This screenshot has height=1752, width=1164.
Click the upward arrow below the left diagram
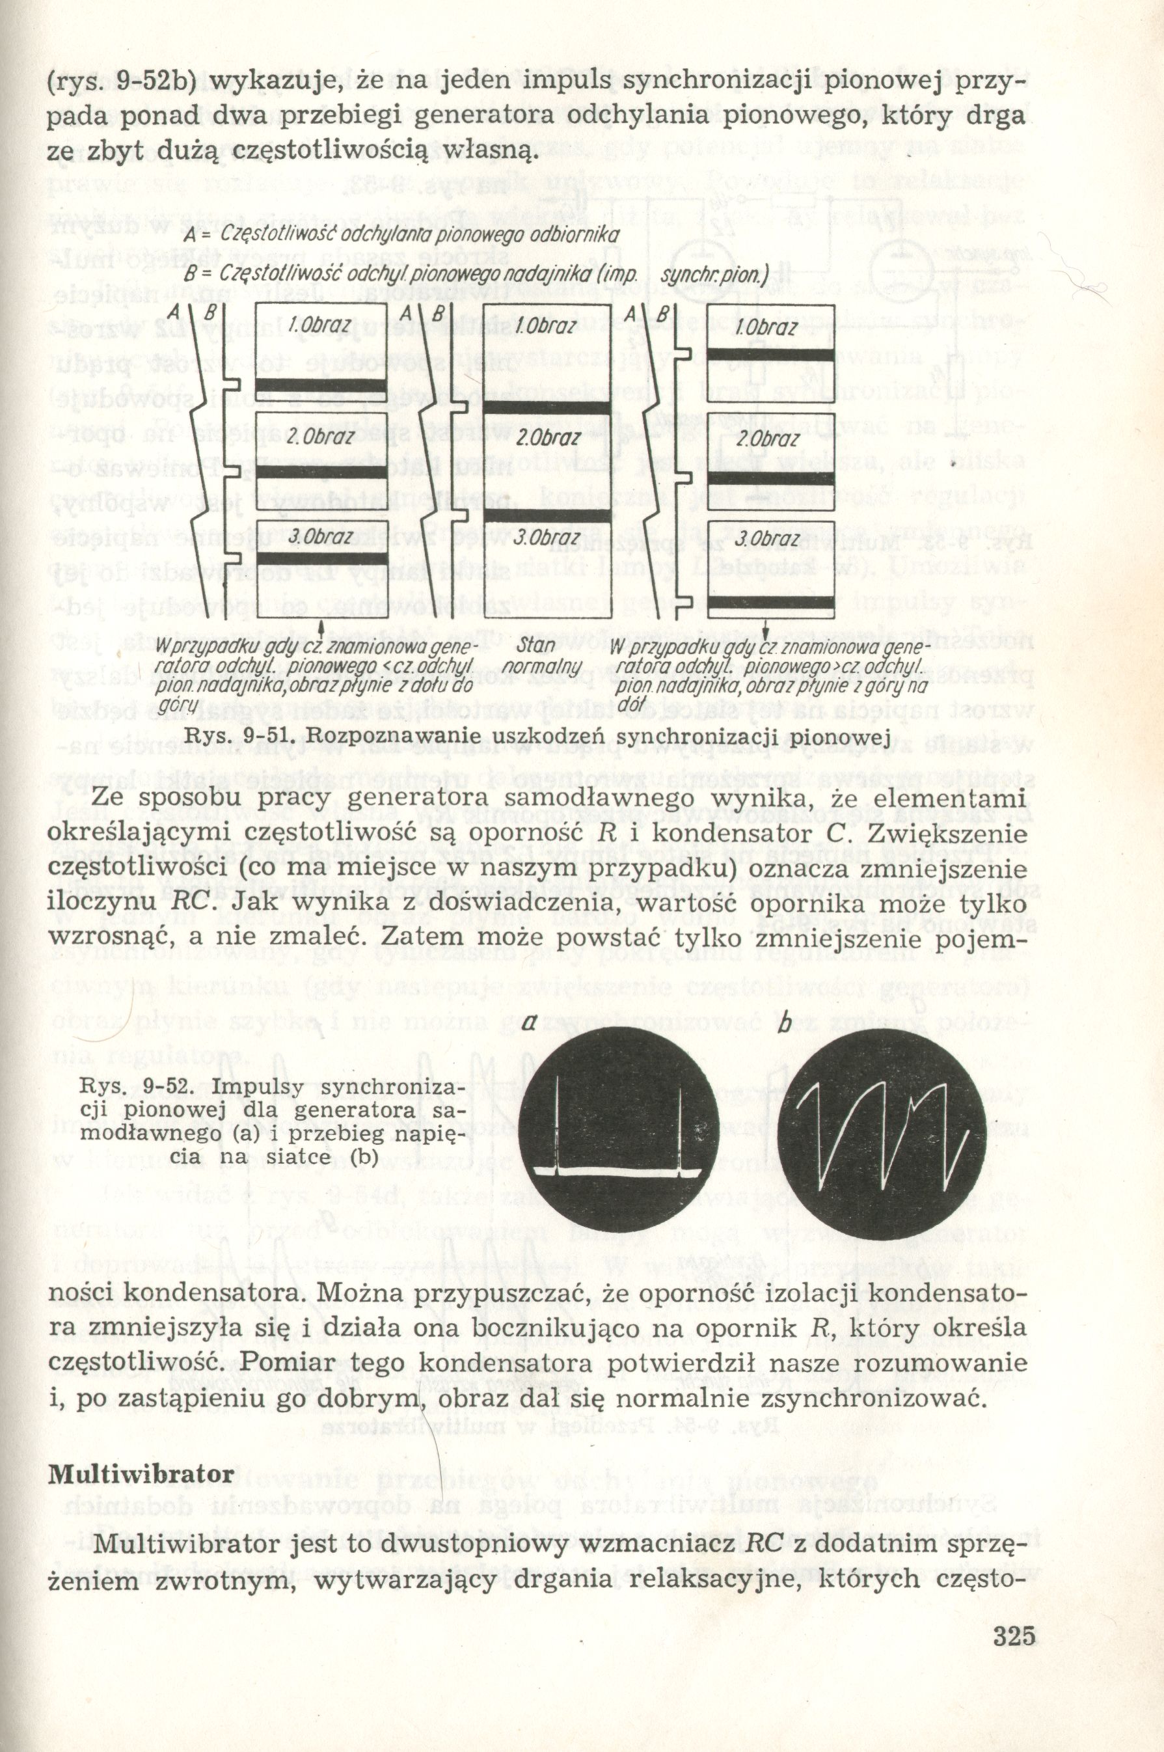tap(321, 629)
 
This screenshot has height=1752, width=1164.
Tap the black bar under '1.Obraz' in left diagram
tap(321, 385)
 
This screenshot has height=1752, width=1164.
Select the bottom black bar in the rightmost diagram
tap(770, 603)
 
